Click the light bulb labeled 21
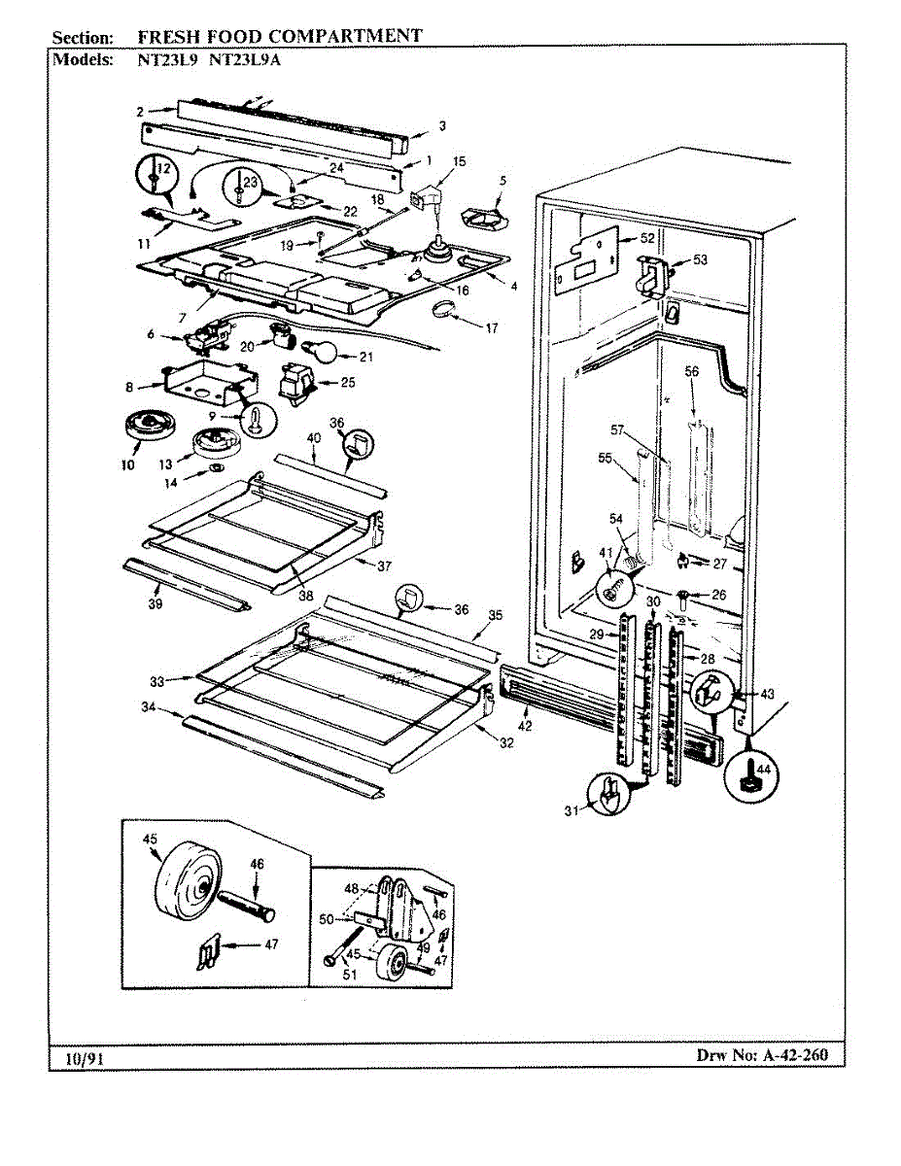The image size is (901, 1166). pyautogui.click(x=324, y=352)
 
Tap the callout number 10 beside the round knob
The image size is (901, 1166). pyautogui.click(x=127, y=465)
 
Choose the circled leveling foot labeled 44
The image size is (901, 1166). pyautogui.click(x=751, y=773)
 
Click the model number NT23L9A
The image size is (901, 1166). pyautogui.click(x=245, y=58)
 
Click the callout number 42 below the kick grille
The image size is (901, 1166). pyautogui.click(x=525, y=726)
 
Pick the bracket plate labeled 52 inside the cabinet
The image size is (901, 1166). pyautogui.click(x=587, y=257)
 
